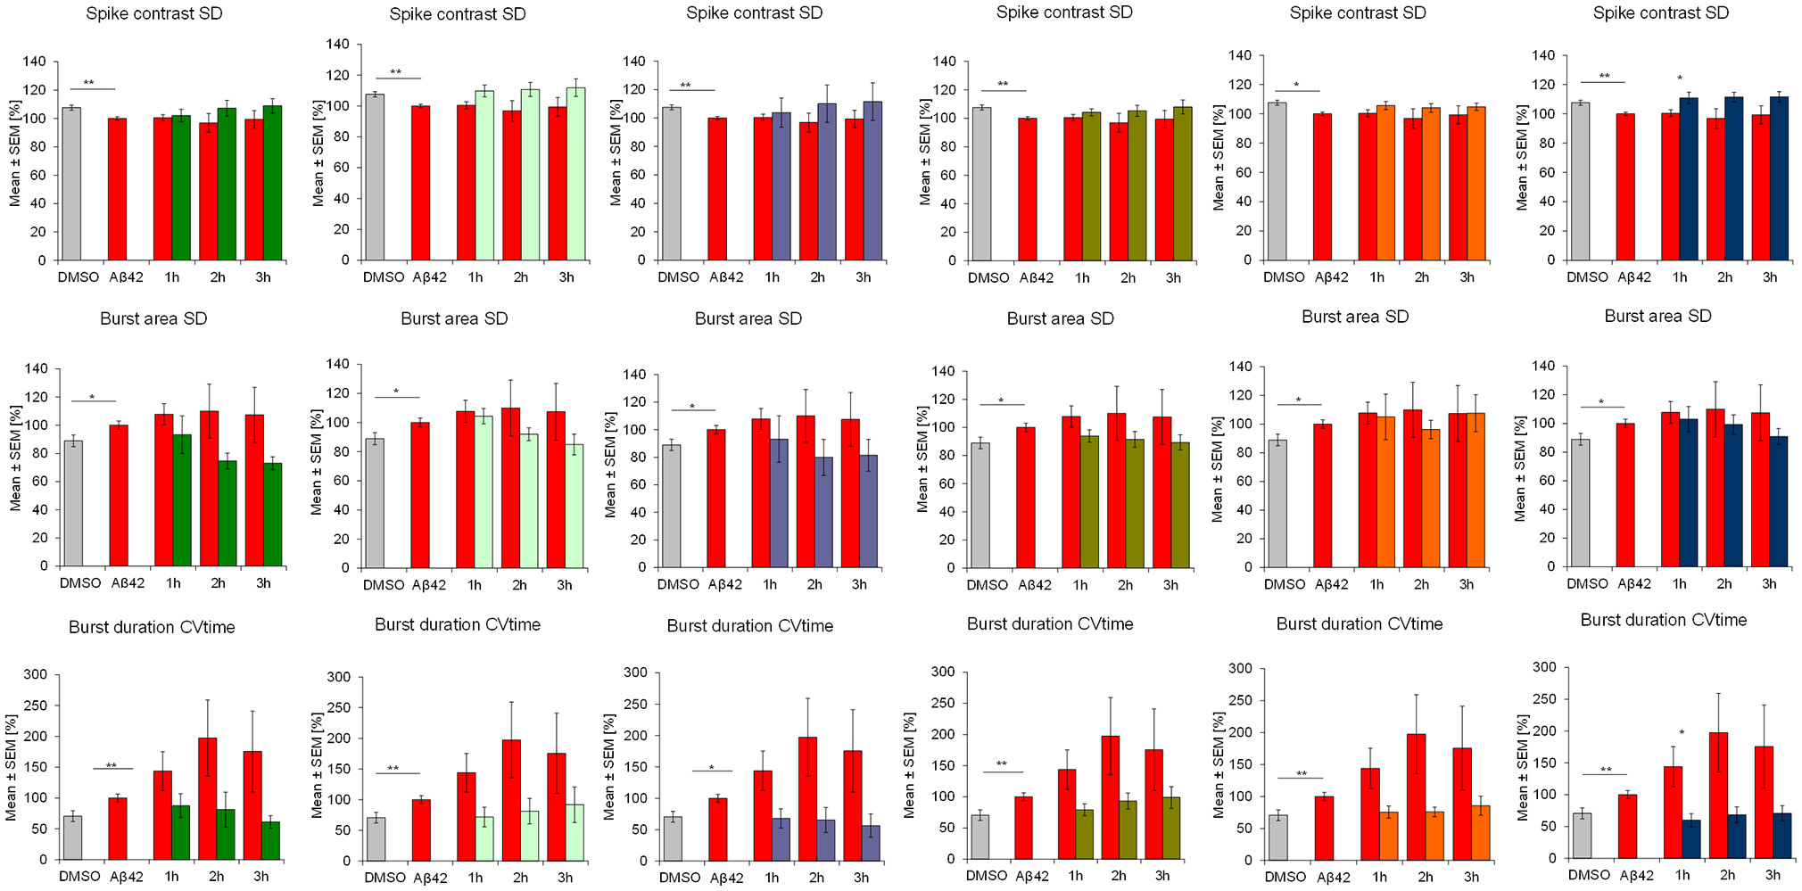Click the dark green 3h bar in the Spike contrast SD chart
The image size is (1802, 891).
(272, 183)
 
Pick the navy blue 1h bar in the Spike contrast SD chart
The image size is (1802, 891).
(1689, 178)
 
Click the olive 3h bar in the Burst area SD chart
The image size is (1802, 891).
(1179, 505)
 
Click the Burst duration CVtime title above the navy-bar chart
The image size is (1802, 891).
(1663, 620)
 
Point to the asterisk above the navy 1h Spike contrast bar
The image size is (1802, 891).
(1680, 78)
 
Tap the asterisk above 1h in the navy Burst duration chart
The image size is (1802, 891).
(1682, 733)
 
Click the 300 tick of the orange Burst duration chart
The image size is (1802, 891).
(1241, 668)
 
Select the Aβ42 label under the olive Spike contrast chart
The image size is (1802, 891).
(1036, 277)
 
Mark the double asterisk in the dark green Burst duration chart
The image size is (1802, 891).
(112, 765)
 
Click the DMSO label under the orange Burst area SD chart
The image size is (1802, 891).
(1284, 584)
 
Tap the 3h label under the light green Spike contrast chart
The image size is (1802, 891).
(566, 277)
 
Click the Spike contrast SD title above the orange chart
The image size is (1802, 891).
(1357, 12)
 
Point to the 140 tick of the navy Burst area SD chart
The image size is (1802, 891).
(1543, 366)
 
